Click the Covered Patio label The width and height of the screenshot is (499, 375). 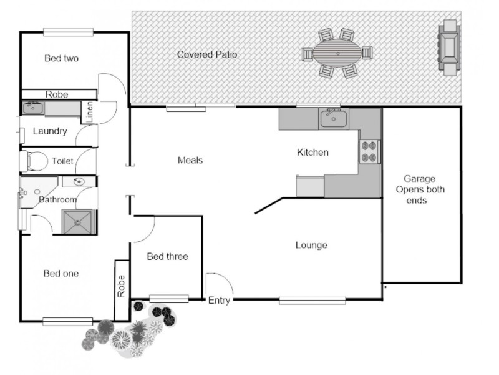click(207, 54)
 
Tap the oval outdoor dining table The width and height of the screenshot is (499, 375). click(337, 53)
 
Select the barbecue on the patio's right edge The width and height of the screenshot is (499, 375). click(449, 47)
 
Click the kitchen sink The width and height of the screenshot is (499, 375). click(333, 117)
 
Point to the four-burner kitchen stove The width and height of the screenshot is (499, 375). click(369, 151)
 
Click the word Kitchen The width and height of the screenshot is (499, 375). click(312, 152)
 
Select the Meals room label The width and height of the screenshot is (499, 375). click(190, 161)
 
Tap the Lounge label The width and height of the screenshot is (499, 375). click(311, 246)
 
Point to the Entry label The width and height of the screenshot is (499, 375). click(219, 301)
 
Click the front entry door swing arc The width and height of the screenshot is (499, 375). click(220, 284)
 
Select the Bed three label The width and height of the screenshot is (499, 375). click(167, 257)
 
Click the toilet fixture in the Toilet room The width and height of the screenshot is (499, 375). click(34, 161)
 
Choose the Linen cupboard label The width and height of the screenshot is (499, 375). click(90, 111)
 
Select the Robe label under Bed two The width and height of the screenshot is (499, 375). click(57, 95)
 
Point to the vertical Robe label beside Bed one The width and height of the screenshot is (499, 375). click(122, 286)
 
